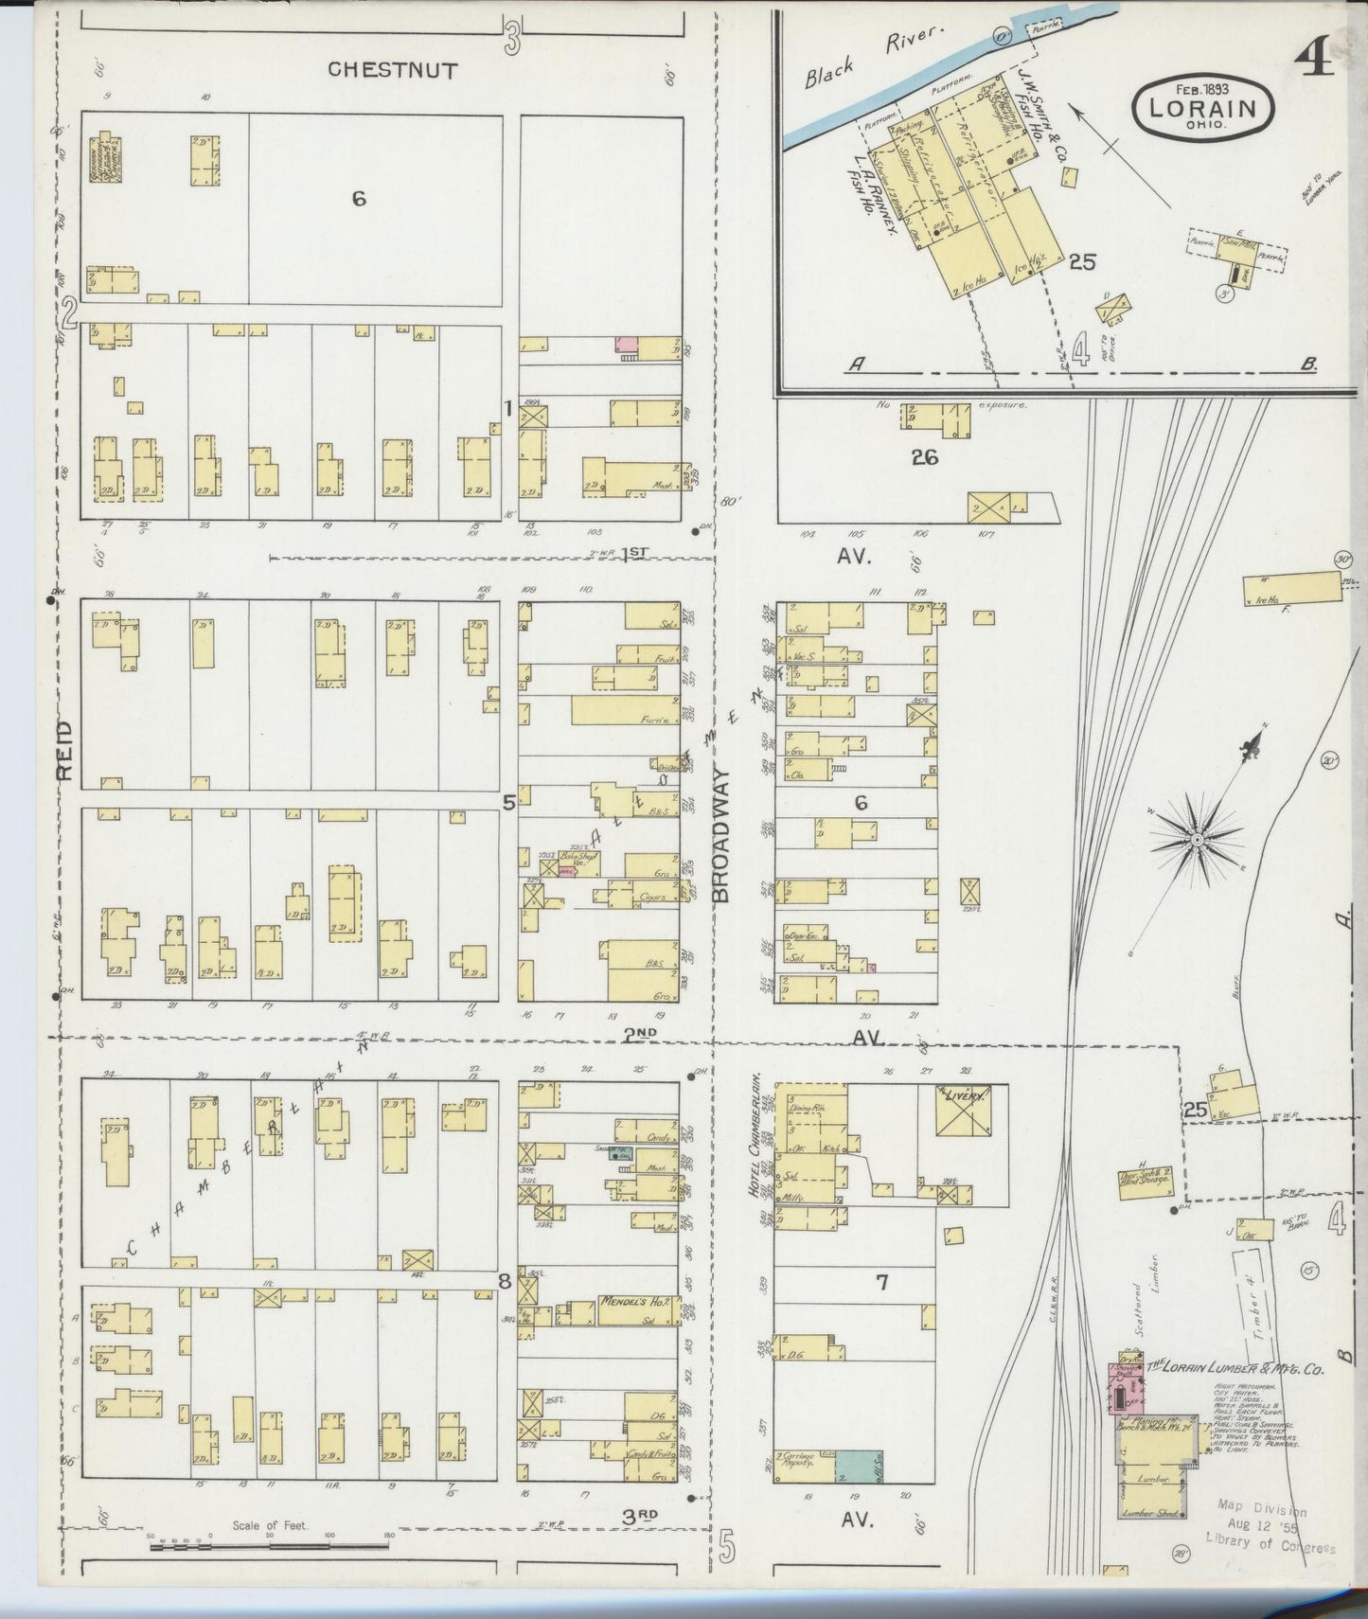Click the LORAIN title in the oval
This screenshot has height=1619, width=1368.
(1202, 107)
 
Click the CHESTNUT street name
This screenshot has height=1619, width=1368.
(393, 69)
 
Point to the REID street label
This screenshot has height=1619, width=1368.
(64, 750)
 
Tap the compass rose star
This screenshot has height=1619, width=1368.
(1197, 839)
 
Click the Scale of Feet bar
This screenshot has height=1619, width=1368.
(270, 1548)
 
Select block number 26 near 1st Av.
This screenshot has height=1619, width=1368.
(924, 457)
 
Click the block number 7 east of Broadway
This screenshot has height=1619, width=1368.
(880, 1283)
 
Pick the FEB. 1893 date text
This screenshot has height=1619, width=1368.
(1202, 89)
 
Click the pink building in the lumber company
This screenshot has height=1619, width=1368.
(1124, 1390)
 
